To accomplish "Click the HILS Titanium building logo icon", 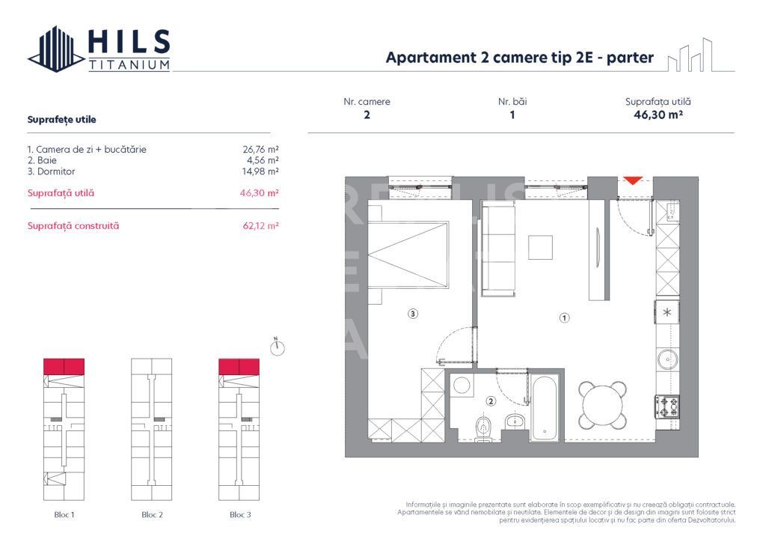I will click(x=56, y=49).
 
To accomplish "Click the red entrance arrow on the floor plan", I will click(x=633, y=180).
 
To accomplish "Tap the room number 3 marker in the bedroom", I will click(x=413, y=314).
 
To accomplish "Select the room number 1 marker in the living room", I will click(x=565, y=317).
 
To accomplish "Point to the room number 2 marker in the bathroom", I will click(x=490, y=401).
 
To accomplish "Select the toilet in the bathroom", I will click(x=483, y=427).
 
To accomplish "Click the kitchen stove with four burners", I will click(x=667, y=406).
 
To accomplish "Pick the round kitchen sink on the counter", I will click(x=667, y=360).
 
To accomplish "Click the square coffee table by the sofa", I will click(x=540, y=248).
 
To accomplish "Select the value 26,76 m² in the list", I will click(x=257, y=149).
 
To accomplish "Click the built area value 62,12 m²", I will click(x=257, y=225).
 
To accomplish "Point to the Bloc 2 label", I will click(x=152, y=515).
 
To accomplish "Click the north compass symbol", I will click(x=278, y=347).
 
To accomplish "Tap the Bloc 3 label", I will click(x=239, y=515).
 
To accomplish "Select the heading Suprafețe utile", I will click(x=61, y=119).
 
